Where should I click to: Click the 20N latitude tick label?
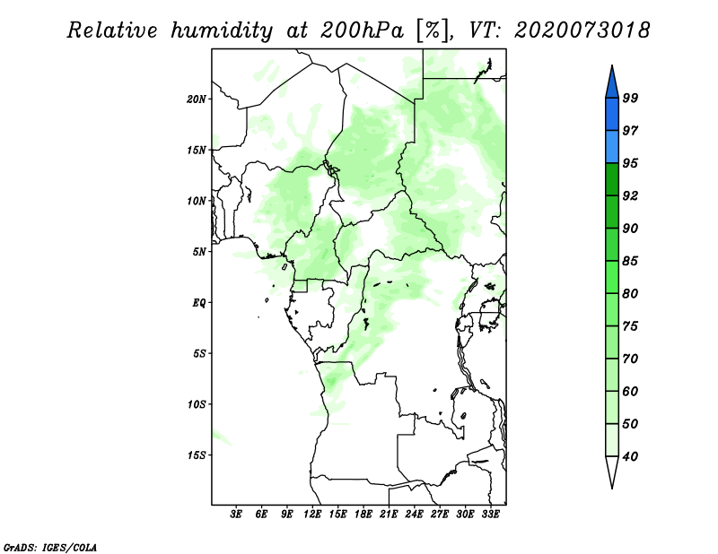(197, 99)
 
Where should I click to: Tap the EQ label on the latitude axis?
(198, 303)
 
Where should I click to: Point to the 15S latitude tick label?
(197, 455)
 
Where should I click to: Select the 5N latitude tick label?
(199, 252)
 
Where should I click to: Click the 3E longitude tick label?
(237, 515)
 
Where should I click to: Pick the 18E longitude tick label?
(363, 515)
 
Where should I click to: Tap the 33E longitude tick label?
(490, 515)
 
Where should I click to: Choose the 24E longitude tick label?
(415, 515)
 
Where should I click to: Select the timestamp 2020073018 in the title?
(582, 30)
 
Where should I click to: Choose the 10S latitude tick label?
(197, 404)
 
